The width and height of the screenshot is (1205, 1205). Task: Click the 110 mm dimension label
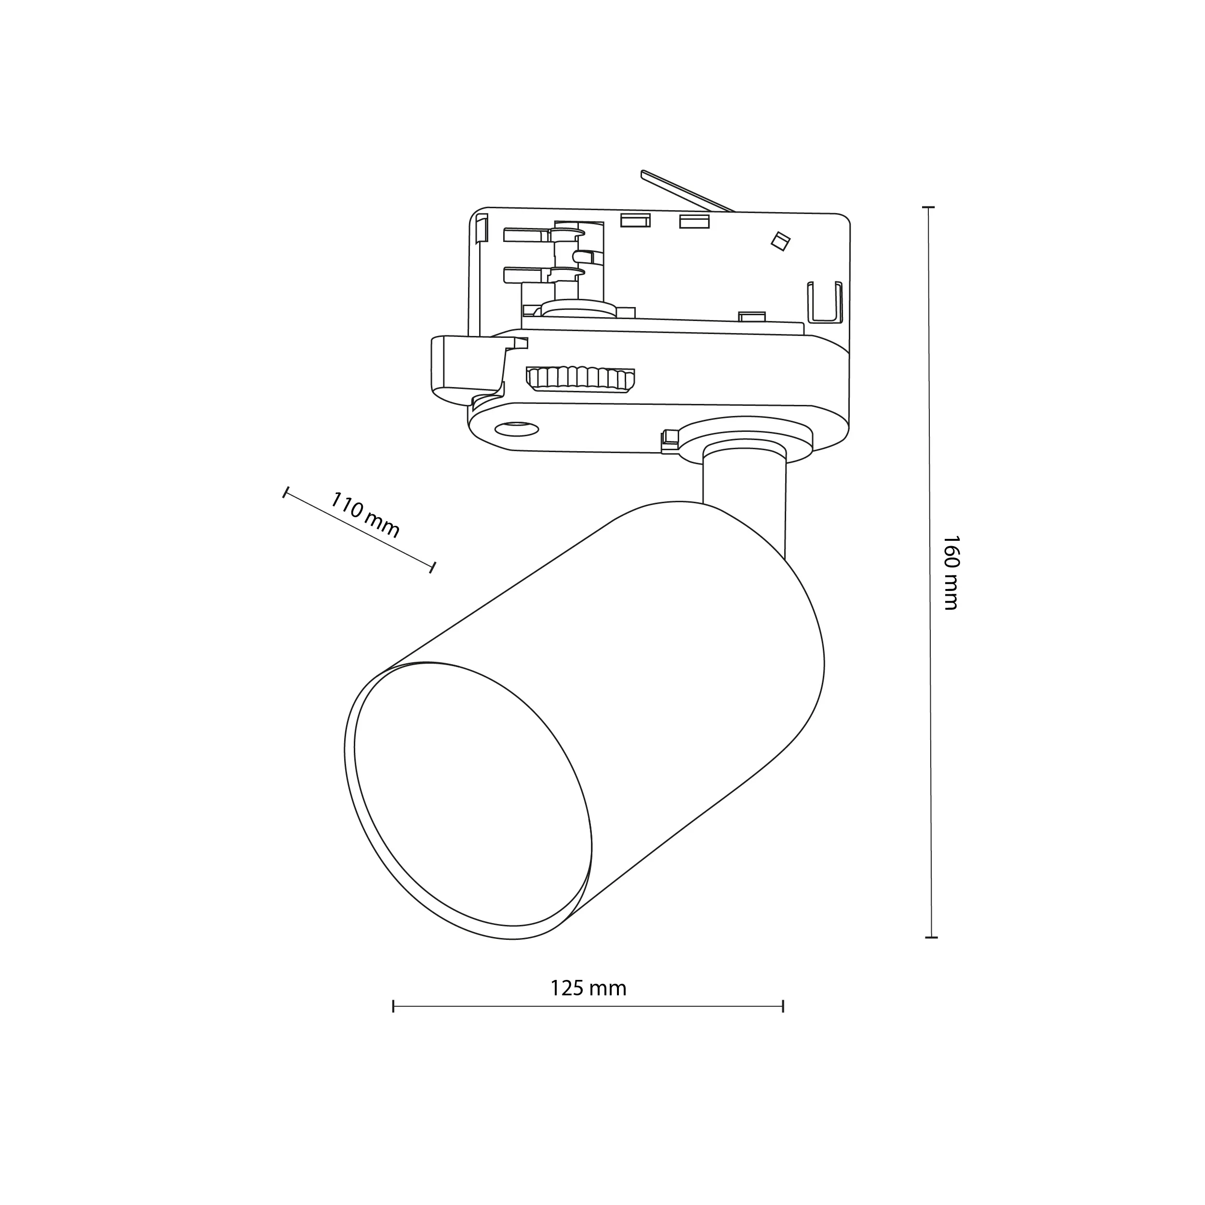pyautogui.click(x=364, y=515)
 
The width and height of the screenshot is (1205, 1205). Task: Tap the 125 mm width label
pyautogui.click(x=588, y=988)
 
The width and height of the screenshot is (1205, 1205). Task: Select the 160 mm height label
pyautogui.click(x=950, y=572)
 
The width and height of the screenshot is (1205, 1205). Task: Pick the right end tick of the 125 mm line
pyautogui.click(x=783, y=1006)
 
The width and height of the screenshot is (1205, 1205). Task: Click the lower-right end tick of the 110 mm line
pyautogui.click(x=433, y=567)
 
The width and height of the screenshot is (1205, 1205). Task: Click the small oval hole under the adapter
pyautogui.click(x=516, y=428)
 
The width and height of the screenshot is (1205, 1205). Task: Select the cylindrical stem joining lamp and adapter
pyautogui.click(x=743, y=493)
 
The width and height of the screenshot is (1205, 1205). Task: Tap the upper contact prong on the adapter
pyautogui.click(x=527, y=235)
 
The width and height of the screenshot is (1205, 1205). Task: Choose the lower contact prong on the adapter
pyautogui.click(x=527, y=274)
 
